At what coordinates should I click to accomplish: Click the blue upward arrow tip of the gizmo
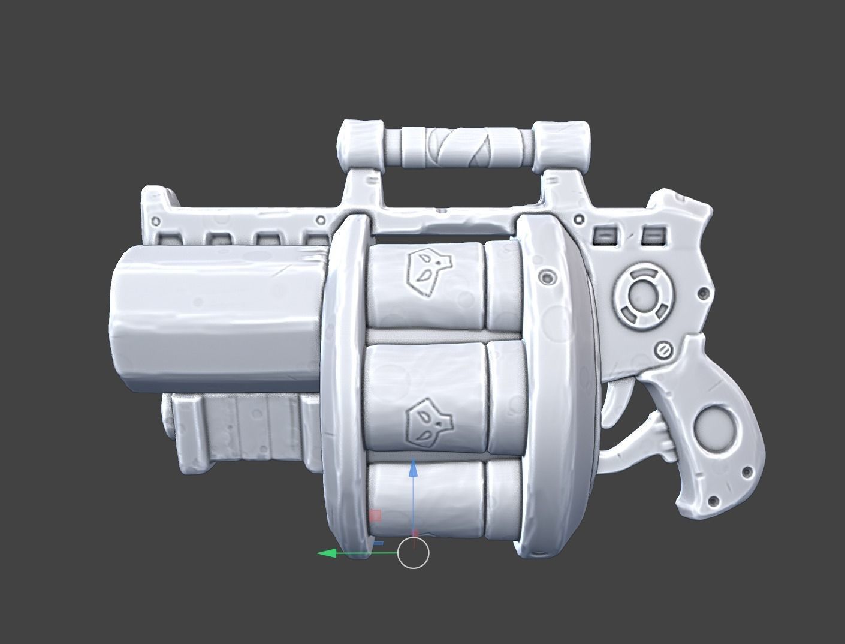click(x=413, y=468)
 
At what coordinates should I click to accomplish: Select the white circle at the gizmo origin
click(x=413, y=553)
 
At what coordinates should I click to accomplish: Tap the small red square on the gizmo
click(x=375, y=516)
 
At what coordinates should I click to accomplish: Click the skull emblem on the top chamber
click(x=427, y=270)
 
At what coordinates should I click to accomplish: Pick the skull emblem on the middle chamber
click(x=427, y=425)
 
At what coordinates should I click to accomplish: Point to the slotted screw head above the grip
click(x=663, y=350)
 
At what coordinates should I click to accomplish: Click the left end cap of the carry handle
click(x=361, y=145)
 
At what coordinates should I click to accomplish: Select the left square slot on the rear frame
click(x=604, y=236)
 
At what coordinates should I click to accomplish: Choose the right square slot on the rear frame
click(x=653, y=236)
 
